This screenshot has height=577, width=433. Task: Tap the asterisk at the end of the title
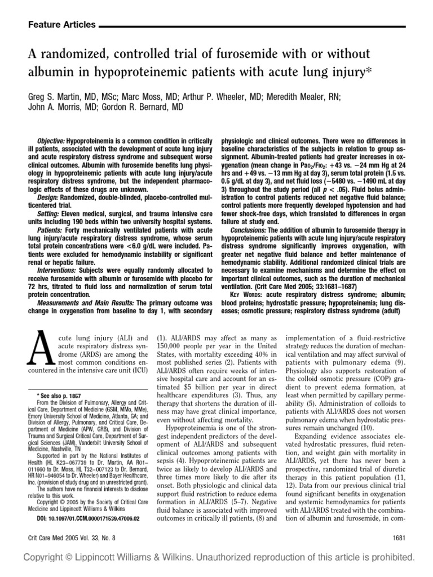(x=363, y=72)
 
